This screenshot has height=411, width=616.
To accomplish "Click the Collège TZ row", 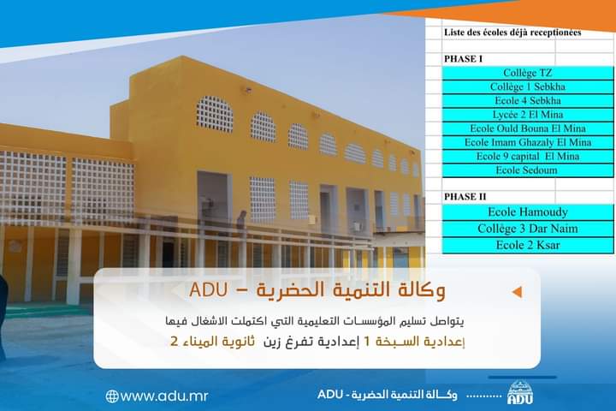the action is click(528, 73).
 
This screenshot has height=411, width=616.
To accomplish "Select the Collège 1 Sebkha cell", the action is click(528, 87).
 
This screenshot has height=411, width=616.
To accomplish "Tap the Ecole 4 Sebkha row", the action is click(528, 101).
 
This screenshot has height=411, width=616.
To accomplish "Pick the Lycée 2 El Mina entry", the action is click(528, 115).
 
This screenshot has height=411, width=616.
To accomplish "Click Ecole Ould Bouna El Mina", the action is click(528, 128).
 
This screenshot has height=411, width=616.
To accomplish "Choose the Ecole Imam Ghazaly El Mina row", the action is click(528, 142).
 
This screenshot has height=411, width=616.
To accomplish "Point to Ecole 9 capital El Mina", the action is click(528, 157).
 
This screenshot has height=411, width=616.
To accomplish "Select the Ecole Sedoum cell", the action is click(528, 170).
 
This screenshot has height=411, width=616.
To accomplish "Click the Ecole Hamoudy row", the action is click(528, 212).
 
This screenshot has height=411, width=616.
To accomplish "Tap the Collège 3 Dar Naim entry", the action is click(528, 229).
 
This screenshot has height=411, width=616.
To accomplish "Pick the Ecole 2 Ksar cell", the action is click(528, 245).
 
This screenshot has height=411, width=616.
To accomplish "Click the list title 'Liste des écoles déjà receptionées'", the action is click(512, 33).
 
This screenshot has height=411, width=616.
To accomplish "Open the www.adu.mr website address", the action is click(164, 396).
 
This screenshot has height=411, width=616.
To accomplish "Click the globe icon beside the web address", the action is click(112, 396).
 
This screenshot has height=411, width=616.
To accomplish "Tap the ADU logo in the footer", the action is click(520, 392).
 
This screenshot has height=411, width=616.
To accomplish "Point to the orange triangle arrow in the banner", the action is click(518, 292).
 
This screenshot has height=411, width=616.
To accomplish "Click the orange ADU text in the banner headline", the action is click(208, 290).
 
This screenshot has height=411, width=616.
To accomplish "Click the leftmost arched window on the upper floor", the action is click(215, 114).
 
